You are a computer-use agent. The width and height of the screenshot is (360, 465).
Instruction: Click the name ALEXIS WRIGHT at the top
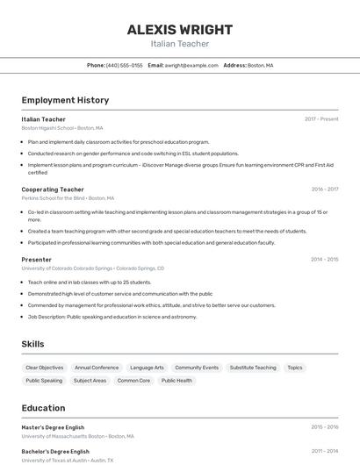pos(179,29)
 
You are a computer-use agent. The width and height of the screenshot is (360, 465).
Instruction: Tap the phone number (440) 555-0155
pos(124,65)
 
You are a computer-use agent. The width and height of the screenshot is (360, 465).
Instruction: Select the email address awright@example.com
pos(191,65)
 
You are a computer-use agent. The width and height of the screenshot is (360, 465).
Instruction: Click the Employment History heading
pos(65,100)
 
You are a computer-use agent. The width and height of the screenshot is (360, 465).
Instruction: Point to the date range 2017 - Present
pos(321,118)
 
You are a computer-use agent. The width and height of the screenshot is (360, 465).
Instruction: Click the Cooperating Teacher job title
pos(53,189)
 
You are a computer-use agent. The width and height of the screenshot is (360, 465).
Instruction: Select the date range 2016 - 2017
pos(324,189)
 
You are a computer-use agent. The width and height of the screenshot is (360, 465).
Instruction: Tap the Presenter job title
pos(37,260)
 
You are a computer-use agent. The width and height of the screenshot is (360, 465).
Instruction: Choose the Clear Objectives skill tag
pos(45,368)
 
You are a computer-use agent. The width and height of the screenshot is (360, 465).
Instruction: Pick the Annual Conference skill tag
pos(97,368)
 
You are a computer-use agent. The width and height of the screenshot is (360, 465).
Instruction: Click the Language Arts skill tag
pos(147,368)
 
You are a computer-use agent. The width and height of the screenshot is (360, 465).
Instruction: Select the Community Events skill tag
pos(197,368)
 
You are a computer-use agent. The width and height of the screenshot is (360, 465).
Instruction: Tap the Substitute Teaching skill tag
pos(253,368)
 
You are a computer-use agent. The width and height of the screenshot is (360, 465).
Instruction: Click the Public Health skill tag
pos(177,381)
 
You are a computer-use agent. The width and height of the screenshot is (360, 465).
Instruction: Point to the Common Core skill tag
pos(133,381)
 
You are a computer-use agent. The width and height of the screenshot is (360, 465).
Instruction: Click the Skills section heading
pos(32,344)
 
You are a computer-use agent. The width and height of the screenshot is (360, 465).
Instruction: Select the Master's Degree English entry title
pos(54,427)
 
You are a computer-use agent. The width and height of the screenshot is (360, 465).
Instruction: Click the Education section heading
pos(43,408)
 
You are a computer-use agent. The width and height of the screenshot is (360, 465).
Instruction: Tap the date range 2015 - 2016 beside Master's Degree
pos(324,427)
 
